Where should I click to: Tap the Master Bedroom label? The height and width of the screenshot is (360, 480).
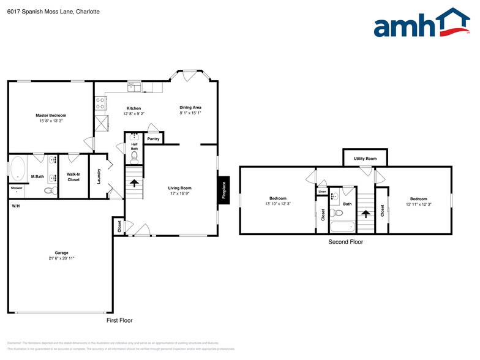point(51,115)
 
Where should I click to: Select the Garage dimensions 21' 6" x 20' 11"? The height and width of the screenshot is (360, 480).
point(61,258)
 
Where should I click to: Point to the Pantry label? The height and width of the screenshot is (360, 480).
point(154,139)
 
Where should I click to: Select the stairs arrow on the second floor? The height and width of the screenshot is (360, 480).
point(366,214)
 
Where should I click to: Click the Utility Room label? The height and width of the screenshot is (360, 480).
point(365,159)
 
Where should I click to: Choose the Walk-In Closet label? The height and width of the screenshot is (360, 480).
point(73,178)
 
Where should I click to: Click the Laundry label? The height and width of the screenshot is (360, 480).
point(99,177)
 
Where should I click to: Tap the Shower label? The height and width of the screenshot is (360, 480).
point(16,188)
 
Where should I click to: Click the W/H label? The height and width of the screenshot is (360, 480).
point(15,205)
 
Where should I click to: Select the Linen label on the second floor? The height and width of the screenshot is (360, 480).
point(322,192)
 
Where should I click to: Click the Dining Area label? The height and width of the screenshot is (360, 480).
point(190,107)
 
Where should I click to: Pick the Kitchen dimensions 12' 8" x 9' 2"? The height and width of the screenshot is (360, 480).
point(133,113)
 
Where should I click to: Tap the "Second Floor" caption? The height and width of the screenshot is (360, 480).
point(346,242)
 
